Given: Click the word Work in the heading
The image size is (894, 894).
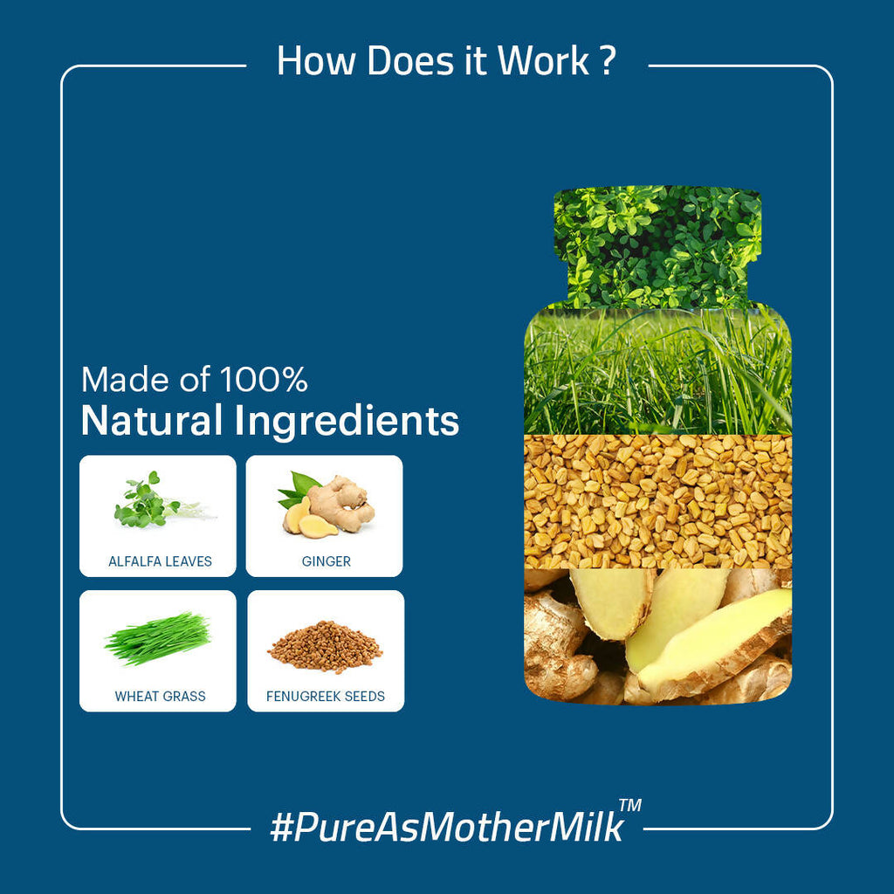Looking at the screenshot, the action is click(x=543, y=60).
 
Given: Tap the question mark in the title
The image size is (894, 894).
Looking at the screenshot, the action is click(x=609, y=60).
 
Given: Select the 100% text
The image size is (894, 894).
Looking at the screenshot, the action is click(x=264, y=379).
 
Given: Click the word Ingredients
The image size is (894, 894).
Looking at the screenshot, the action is click(x=347, y=422).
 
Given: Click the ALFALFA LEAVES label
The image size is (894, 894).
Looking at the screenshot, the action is click(x=161, y=561).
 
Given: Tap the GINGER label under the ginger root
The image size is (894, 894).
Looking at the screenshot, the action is click(x=327, y=561).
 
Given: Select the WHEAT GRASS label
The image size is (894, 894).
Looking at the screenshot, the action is click(x=161, y=696).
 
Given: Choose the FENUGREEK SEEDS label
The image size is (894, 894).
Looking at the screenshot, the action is click(x=326, y=696).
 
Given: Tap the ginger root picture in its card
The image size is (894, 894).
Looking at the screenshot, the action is click(x=327, y=505).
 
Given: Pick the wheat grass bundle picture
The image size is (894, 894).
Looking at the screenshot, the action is click(x=158, y=638).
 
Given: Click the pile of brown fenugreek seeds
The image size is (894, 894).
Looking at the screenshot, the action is click(x=325, y=647).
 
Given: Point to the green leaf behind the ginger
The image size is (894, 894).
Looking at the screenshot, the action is click(x=298, y=489).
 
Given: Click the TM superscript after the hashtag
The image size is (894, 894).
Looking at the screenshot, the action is click(x=630, y=805).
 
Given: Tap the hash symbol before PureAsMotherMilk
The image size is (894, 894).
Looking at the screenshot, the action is click(x=281, y=828).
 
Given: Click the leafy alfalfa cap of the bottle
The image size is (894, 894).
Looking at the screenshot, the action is click(x=657, y=246).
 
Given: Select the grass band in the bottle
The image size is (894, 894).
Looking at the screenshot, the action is click(x=657, y=371).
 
